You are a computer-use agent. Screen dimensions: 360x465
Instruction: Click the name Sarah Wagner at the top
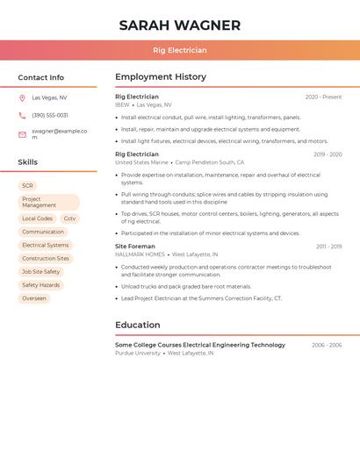pos(180,25)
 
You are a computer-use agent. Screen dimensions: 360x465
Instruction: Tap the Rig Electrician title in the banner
pos(180,50)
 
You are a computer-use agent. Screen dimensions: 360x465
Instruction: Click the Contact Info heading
pos(41,77)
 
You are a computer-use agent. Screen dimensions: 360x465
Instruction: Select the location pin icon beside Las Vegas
pos(22,97)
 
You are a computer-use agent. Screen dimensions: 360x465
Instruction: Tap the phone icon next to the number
pos(22,115)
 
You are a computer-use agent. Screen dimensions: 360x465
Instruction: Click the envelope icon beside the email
pos(22,134)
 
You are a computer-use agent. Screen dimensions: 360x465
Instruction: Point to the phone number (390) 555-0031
pos(50,115)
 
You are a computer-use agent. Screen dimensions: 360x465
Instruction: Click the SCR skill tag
pos(27,186)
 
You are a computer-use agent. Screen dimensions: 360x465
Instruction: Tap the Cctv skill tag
pos(70,218)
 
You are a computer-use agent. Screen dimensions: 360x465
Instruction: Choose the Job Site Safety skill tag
pos(40,272)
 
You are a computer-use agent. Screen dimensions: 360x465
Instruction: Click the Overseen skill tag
pos(34,298)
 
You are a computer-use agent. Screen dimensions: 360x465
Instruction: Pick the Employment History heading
pos(161,77)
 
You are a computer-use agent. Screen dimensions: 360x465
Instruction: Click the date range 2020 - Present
pos(323,97)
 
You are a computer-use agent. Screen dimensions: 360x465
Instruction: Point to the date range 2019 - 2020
pos(328,154)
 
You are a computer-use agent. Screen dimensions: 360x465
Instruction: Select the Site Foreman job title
pos(135,247)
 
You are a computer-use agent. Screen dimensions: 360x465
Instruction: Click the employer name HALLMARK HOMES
pos(140,254)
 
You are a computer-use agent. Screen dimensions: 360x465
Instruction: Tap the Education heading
pos(138,325)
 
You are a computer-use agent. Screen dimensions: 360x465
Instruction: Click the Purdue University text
pos(138,353)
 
